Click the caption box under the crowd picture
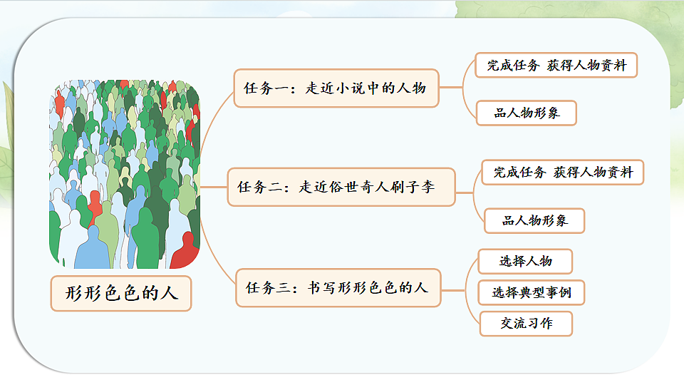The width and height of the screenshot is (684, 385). point(121,293)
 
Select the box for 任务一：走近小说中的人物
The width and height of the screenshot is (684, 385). point(336,88)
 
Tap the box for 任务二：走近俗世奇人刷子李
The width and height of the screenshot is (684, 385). point(340,187)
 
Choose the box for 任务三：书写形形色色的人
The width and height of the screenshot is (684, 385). point(338,288)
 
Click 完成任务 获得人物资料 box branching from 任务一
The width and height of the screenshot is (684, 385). point(556,66)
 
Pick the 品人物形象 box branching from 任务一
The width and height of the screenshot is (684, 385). point(526,113)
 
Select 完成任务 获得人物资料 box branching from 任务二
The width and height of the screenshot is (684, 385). point(562,172)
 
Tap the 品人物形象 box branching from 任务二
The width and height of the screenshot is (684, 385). point(534,220)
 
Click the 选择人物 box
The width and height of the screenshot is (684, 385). point(525,261)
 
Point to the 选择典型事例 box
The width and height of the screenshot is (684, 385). point(532,292)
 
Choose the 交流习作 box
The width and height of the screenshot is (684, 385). point(525,323)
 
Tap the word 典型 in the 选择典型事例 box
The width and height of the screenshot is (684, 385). point(532,292)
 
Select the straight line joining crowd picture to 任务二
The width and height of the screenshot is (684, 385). point(213,187)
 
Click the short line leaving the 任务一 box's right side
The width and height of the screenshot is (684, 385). point(449,88)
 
